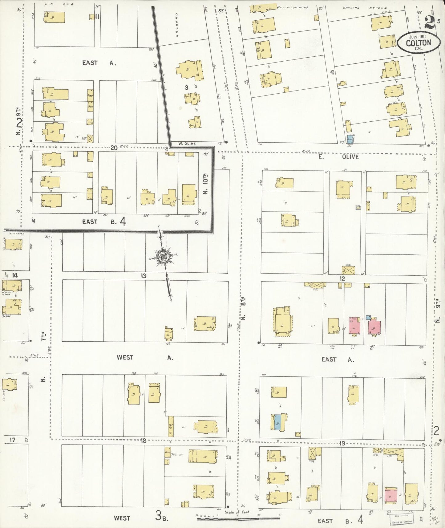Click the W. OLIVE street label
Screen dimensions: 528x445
click(187, 144)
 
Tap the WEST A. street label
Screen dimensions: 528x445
click(145, 357)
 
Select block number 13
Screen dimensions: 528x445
click(144, 276)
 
